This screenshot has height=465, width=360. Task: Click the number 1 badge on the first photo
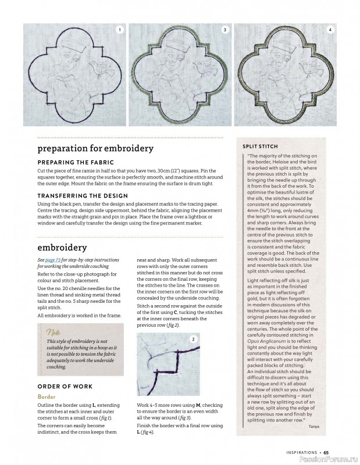[x=119, y=29]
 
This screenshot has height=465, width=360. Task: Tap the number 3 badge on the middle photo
[x=224, y=29]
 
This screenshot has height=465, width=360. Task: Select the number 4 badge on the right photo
[x=330, y=29]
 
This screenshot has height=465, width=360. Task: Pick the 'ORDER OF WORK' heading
[x=63, y=386]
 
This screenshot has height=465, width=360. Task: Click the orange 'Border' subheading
[x=47, y=396]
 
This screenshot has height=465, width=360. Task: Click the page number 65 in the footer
[x=326, y=452]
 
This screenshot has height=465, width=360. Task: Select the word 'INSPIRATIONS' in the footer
[x=302, y=452]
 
